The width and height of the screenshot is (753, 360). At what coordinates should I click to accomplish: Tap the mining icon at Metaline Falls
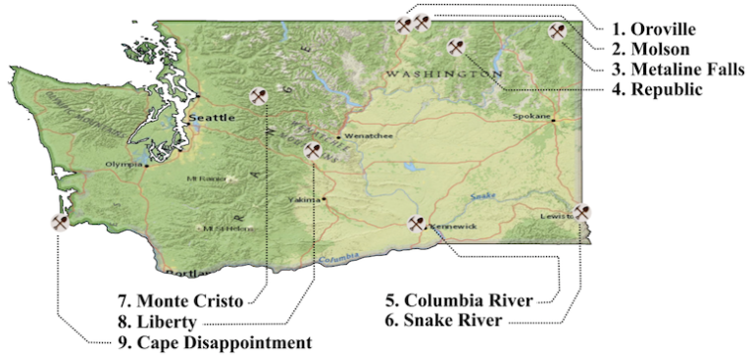(558, 31)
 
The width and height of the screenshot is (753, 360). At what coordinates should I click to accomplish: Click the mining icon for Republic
(456, 47)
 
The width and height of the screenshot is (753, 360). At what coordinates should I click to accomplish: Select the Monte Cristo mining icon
(260, 96)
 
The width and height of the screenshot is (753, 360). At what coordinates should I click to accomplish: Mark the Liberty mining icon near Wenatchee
(313, 151)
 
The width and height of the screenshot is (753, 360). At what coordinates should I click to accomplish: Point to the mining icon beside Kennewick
(417, 224)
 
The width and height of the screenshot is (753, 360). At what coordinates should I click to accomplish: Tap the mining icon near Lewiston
(582, 212)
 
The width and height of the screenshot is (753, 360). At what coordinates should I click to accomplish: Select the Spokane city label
(531, 116)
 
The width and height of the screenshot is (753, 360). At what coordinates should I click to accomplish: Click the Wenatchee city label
(368, 136)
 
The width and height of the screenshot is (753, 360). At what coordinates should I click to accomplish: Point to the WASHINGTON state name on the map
(444, 74)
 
